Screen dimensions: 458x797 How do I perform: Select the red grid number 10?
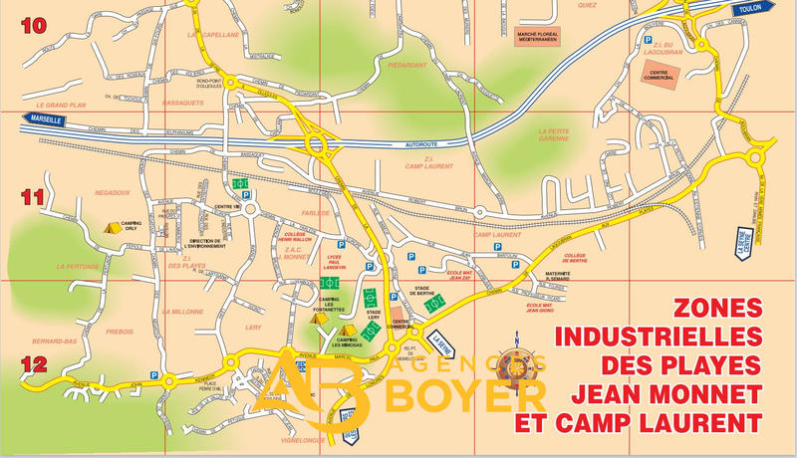pos(34,27)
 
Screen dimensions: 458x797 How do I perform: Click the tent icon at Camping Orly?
pos(112,227)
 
